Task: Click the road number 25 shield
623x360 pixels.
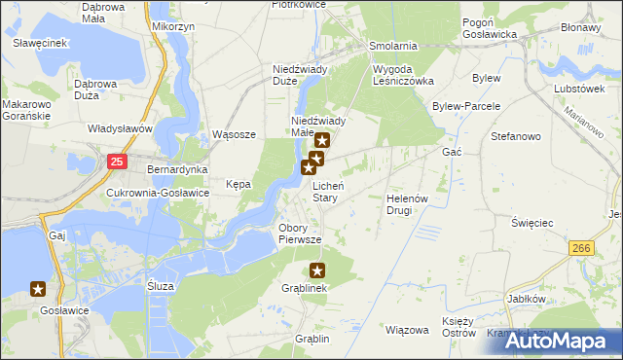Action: tap(117, 162)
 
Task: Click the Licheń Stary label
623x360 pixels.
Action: tap(325, 191)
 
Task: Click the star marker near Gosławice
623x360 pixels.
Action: tap(38, 288)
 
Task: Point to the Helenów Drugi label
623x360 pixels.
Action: tap(407, 203)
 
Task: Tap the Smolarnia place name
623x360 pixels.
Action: tap(393, 46)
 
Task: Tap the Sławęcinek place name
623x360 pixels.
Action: tap(40, 44)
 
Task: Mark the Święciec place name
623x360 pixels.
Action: tap(532, 223)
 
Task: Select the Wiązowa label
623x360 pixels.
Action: tap(407, 330)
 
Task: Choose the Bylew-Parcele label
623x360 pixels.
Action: tap(466, 105)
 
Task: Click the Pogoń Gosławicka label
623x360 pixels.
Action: tap(489, 27)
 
